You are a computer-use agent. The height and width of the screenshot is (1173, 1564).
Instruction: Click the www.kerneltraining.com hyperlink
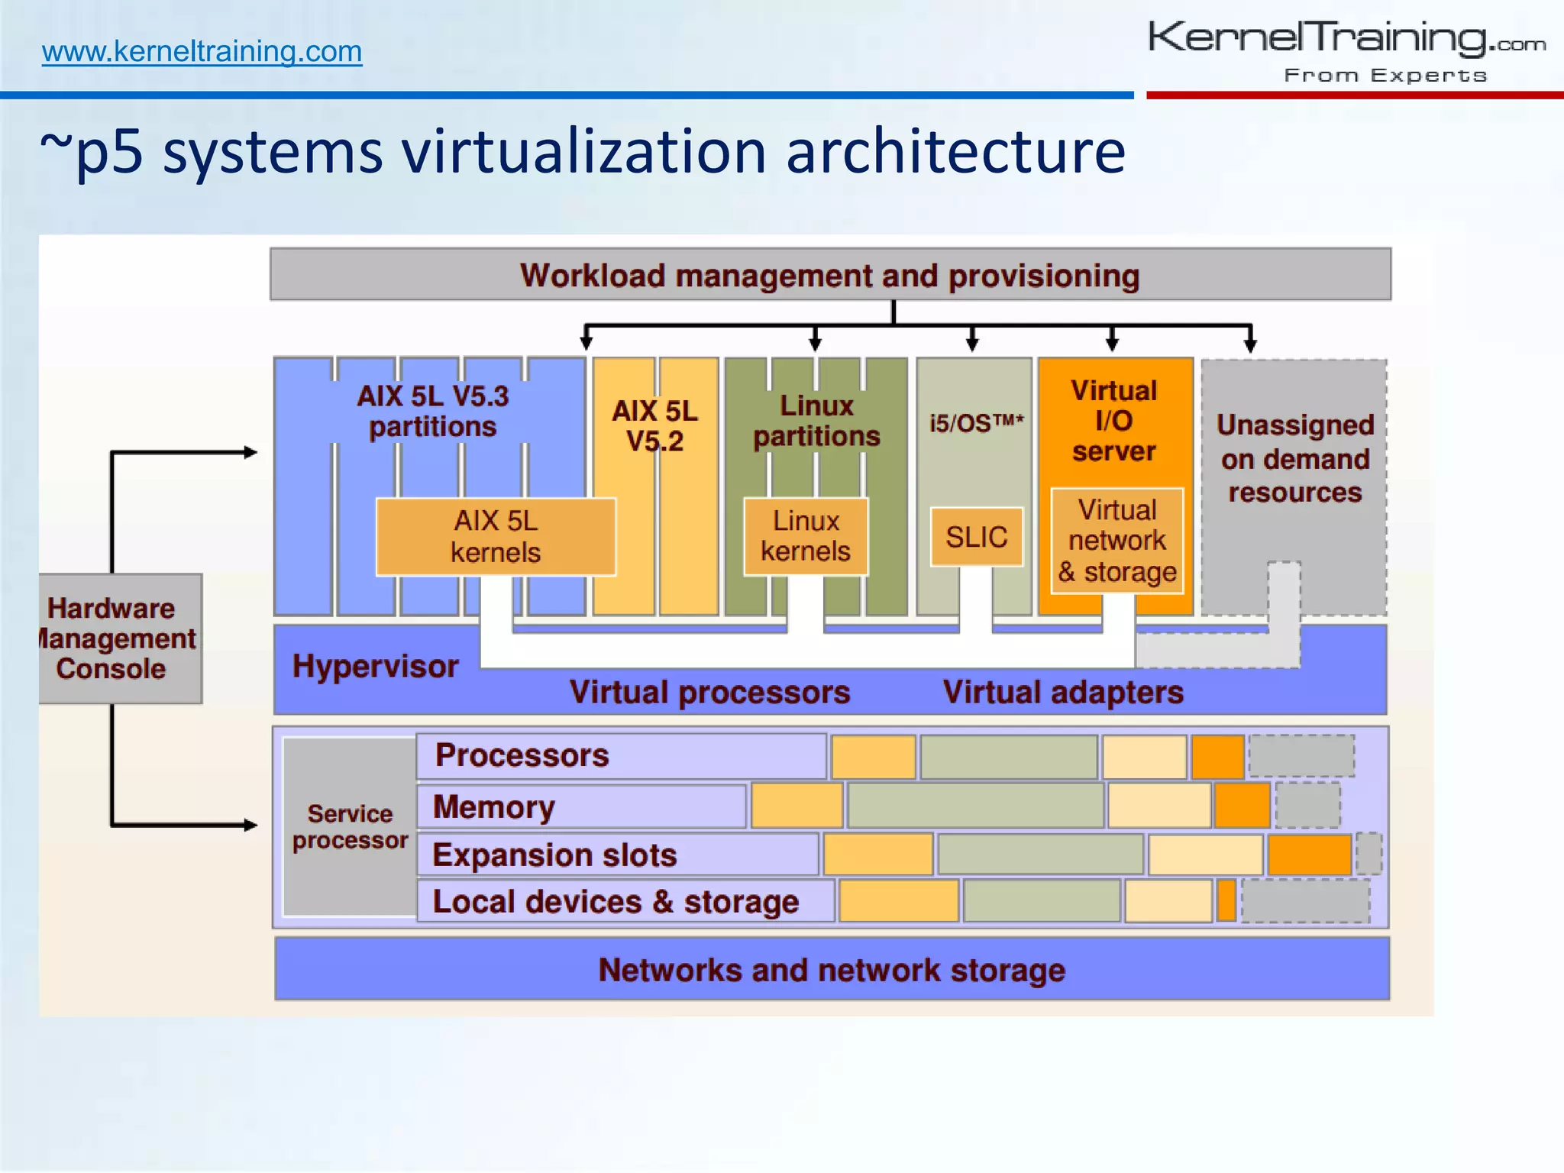coord(202,51)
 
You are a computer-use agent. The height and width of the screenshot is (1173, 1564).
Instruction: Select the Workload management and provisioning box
coord(830,275)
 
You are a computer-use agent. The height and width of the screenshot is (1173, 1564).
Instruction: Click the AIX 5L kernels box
coord(496,536)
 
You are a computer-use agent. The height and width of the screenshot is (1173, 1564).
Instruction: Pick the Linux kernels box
coord(806,536)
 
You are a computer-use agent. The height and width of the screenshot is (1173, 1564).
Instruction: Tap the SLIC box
coord(976,537)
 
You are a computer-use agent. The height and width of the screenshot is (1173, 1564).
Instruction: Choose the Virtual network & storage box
coord(1117,541)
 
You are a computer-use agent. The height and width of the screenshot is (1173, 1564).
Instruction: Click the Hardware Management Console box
coord(119,638)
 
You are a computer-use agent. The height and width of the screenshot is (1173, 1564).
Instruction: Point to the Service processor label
coord(350,826)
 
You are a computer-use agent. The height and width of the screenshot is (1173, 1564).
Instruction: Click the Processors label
coord(522,755)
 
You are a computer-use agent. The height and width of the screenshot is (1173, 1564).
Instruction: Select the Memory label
coord(494,807)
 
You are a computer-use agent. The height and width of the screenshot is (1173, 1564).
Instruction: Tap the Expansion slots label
coord(554,855)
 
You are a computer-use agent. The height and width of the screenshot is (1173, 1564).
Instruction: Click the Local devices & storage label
coord(616,902)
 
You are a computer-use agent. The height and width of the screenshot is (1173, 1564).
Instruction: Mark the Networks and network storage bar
coord(832,970)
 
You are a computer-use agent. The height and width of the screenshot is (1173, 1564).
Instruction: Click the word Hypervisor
coord(375,666)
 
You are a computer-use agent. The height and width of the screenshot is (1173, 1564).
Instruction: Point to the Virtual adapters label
coord(1063,692)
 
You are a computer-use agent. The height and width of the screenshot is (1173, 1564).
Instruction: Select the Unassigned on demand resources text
coord(1295,458)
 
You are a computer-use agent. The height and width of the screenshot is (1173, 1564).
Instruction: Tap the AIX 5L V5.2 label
coord(655,425)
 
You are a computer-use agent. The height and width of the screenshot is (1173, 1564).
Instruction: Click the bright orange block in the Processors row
coord(1218,756)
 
